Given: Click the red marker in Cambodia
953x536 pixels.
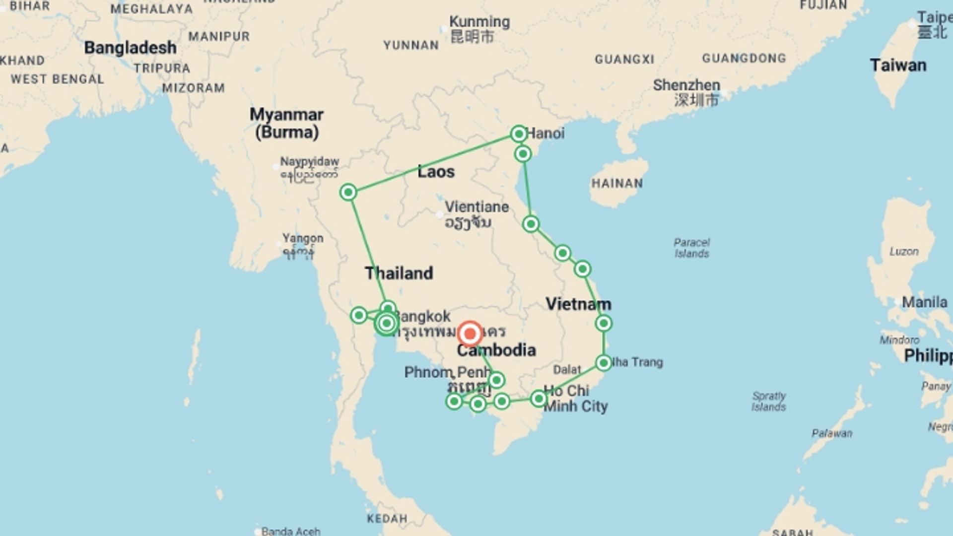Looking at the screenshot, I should pos(470,334).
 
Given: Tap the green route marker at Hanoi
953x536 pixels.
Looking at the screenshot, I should pos(518,134).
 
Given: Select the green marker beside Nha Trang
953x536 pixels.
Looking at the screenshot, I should pos(604,363).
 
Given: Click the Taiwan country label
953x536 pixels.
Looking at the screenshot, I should pos(897,65).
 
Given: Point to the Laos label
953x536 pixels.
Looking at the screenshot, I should pos(436,172).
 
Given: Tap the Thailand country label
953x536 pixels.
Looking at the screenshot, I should pos(399,273).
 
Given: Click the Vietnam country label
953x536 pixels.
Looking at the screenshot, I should pos(578,304).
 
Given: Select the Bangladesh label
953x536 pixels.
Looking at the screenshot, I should pos(130,48).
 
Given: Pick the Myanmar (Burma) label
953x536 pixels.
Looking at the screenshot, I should pos(286,123).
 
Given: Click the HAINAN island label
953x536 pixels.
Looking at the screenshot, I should pos(617,183).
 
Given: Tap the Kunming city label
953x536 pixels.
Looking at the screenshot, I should pos(479,22).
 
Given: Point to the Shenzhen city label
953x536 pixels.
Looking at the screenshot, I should pos(686,85).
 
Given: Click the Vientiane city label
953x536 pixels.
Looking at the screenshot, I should pos(476,207).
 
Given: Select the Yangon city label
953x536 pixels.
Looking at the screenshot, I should pos(303,238).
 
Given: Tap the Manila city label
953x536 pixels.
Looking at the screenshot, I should pos(924,302).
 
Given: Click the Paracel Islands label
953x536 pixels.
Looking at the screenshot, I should pos(691,248).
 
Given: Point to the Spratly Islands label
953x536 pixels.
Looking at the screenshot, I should pos(768,401).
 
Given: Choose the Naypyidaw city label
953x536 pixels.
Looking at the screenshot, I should pos(309,161).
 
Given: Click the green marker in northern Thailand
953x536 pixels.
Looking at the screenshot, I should pos(348,192).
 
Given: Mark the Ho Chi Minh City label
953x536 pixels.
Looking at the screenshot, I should pos(575,399).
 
